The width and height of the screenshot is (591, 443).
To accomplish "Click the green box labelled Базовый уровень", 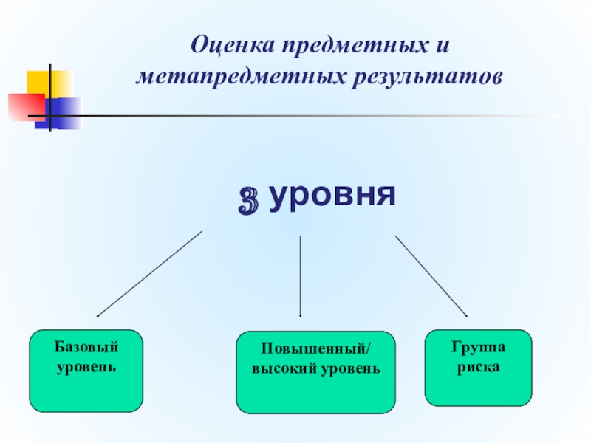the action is pos(86,371).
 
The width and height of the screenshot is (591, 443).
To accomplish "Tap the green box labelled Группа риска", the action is pos(478,368).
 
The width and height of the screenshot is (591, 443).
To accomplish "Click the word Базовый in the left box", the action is pos(86,347).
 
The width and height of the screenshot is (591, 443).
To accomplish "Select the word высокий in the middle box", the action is pos(283,367).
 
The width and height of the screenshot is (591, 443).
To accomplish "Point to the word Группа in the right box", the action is pos(478,347).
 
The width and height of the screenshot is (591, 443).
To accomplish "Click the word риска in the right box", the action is pos(478,366).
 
